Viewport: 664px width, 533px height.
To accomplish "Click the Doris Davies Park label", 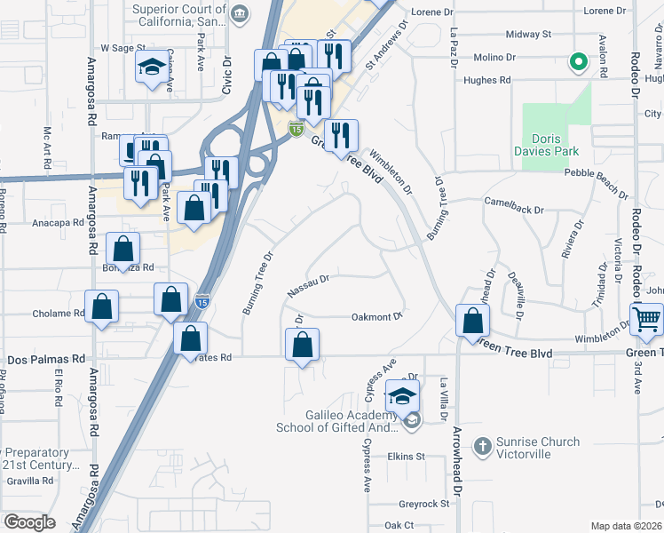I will click(x=557, y=145).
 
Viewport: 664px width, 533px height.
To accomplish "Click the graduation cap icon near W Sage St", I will click(x=153, y=67).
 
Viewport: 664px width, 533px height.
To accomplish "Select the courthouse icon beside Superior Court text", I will click(x=240, y=13).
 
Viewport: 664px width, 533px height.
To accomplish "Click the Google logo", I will click(x=30, y=522).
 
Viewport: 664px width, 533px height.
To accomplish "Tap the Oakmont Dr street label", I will click(x=377, y=315).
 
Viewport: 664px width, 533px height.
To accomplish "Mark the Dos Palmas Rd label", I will click(x=45, y=359).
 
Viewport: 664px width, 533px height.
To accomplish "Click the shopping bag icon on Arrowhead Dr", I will click(x=472, y=319).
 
